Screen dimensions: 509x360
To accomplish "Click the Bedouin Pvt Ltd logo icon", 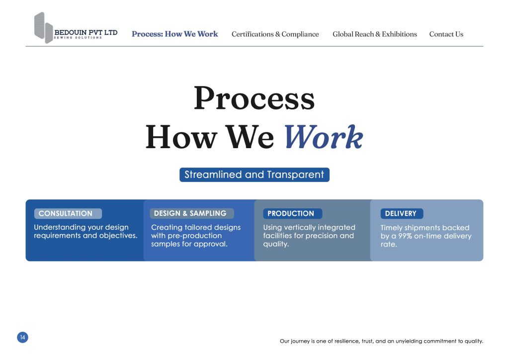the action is pyautogui.click(x=44, y=28).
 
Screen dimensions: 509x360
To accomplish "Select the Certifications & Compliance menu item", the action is pyautogui.click(x=275, y=34).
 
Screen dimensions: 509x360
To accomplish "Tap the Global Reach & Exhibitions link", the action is pyautogui.click(x=375, y=34).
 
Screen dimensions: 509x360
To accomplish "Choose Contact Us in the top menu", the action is pyautogui.click(x=446, y=34).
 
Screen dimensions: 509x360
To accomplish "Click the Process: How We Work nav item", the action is pyautogui.click(x=174, y=34).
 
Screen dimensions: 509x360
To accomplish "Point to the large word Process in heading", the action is pyautogui.click(x=254, y=98).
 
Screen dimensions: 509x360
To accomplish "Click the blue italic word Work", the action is pyautogui.click(x=324, y=137).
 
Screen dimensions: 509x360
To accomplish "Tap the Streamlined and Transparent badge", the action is pyautogui.click(x=254, y=175).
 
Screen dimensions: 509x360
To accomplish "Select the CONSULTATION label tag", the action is pyautogui.click(x=68, y=214).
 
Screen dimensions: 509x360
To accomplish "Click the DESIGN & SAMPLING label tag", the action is pyautogui.click(x=191, y=213).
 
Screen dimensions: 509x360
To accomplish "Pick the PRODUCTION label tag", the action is pyautogui.click(x=292, y=214).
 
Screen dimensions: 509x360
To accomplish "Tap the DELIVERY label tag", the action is pyautogui.click(x=402, y=214).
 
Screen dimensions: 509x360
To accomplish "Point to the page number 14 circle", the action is pyautogui.click(x=23, y=337).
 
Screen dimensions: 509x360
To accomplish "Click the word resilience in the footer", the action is pyautogui.click(x=347, y=341).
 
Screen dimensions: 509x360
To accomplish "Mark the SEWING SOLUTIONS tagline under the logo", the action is pyautogui.click(x=78, y=38).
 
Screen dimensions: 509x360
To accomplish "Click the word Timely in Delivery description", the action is pyautogui.click(x=391, y=228).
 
